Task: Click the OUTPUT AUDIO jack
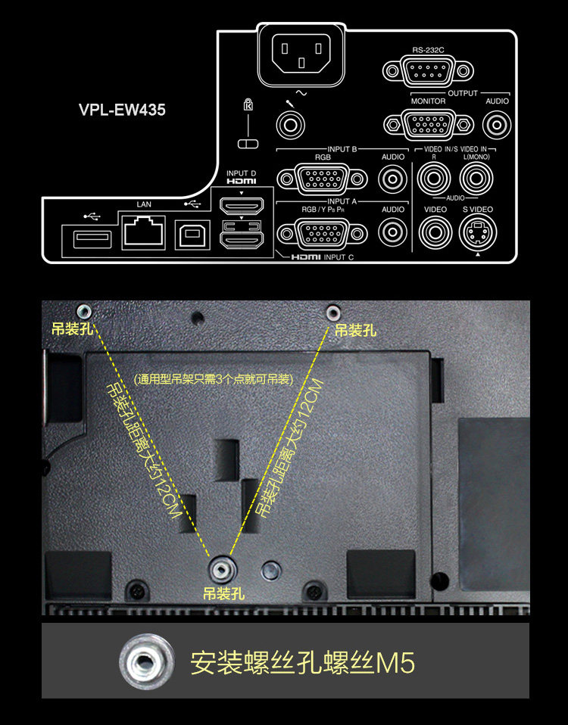(497, 123)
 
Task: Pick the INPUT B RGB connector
(313, 179)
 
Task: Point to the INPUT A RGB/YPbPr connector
(313, 232)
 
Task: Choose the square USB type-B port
(189, 235)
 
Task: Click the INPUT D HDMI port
(241, 205)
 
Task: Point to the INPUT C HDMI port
(241, 240)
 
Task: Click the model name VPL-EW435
(122, 110)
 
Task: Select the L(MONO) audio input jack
(476, 179)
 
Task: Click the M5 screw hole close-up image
(142, 664)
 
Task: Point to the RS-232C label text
(429, 50)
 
